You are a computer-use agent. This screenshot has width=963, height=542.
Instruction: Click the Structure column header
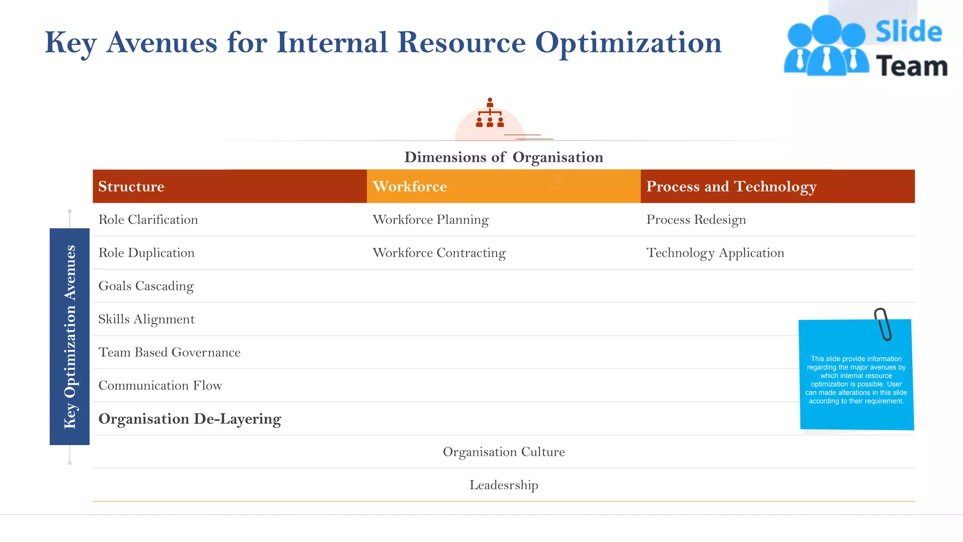tap(131, 186)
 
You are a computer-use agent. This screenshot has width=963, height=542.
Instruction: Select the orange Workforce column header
tap(410, 186)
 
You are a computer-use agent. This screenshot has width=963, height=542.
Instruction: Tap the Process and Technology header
tap(731, 186)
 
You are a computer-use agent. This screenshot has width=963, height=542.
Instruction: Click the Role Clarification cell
tap(148, 220)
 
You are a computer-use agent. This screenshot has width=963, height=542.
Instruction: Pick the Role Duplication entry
tap(146, 253)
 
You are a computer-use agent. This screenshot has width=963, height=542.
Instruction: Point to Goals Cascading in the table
tap(146, 286)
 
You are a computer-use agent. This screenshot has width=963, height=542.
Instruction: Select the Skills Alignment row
tap(146, 319)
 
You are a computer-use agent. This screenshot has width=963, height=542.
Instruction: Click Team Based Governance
tap(169, 352)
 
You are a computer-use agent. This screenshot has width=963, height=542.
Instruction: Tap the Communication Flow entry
tap(160, 385)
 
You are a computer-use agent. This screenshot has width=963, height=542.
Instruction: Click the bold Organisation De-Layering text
tap(189, 419)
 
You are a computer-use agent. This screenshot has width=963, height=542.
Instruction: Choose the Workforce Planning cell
tap(430, 220)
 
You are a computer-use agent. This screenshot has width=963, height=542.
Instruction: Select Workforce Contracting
tap(439, 253)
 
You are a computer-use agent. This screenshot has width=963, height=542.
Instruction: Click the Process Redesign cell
tap(696, 220)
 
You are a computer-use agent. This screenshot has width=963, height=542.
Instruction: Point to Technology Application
tap(715, 253)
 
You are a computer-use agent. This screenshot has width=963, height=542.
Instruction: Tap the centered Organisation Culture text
tap(504, 452)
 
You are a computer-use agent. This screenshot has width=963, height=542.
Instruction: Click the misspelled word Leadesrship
tap(504, 485)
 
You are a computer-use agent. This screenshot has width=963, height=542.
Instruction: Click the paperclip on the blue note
tap(883, 324)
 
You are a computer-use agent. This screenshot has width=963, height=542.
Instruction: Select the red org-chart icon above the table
tap(490, 113)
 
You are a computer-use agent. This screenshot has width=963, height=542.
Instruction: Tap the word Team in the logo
tap(911, 66)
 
